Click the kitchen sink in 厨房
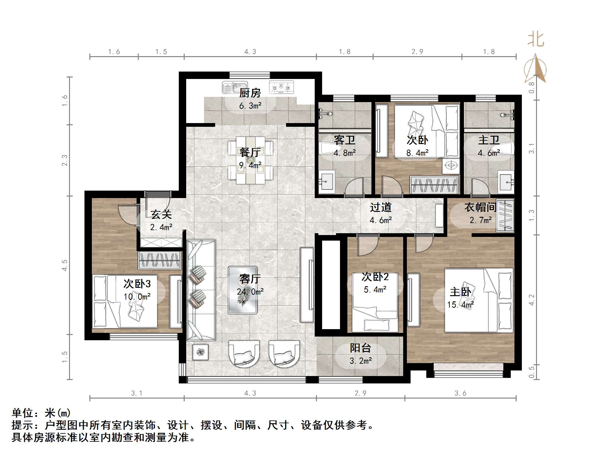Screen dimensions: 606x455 click(235, 87)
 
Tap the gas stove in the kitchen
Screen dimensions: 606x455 click(281, 87)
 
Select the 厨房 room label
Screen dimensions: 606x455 click(250, 93)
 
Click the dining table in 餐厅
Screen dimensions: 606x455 click(250, 160)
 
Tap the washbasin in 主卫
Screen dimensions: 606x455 click(507, 182)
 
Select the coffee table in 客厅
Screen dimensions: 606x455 click(243, 290)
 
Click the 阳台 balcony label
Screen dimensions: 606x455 click(360, 348)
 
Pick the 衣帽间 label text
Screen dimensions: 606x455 click(481, 207)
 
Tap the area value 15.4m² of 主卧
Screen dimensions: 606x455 click(461, 305)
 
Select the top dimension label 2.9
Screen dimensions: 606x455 click(417, 52)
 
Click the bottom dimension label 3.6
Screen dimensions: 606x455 click(461, 393)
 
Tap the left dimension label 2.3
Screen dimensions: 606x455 click(65, 160)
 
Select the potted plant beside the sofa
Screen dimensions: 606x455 click(201, 352)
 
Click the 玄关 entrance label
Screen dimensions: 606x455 click(161, 214)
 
